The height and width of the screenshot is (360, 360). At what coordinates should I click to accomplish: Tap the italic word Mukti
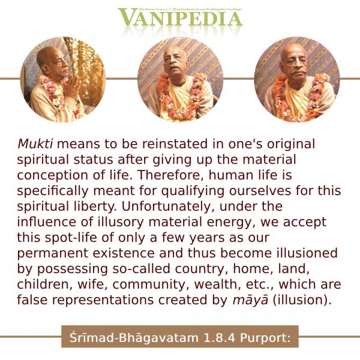tap(35, 144)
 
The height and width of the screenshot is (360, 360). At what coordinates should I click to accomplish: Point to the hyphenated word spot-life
tap(71, 238)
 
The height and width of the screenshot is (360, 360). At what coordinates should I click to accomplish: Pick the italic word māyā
tap(250, 301)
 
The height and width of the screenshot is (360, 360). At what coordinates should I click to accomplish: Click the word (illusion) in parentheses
tap(302, 301)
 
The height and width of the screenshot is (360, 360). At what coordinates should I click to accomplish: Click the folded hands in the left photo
tap(73, 85)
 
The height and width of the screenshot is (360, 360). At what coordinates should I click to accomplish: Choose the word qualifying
tap(193, 191)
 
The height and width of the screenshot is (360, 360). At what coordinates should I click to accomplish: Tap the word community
tap(149, 284)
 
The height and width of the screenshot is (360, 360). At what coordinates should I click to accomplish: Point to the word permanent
tap(53, 254)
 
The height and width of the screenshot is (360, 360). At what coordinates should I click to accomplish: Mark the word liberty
tap(95, 206)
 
